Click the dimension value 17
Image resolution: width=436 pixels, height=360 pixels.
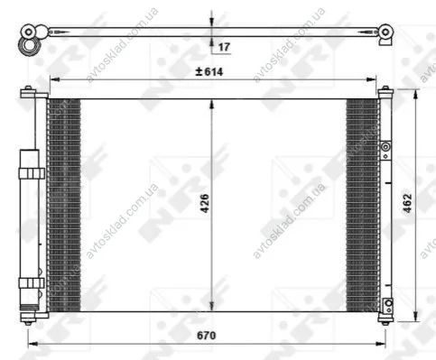tap(224, 47)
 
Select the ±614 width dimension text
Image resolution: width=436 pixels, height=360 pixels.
tap(209, 72)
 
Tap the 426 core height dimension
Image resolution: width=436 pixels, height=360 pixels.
tap(205, 204)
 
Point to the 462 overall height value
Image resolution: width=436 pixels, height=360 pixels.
tap(407, 204)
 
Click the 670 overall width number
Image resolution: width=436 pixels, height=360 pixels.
tap(206, 335)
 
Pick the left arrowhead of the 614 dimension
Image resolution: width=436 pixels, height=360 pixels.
tap(54, 79)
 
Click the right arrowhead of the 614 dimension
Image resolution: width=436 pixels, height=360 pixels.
tap(372, 79)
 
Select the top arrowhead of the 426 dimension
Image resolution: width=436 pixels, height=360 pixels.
tap(212, 104)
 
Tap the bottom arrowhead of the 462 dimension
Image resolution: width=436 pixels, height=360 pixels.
tap(416, 317)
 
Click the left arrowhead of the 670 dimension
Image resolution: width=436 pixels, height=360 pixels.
tap(32, 344)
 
